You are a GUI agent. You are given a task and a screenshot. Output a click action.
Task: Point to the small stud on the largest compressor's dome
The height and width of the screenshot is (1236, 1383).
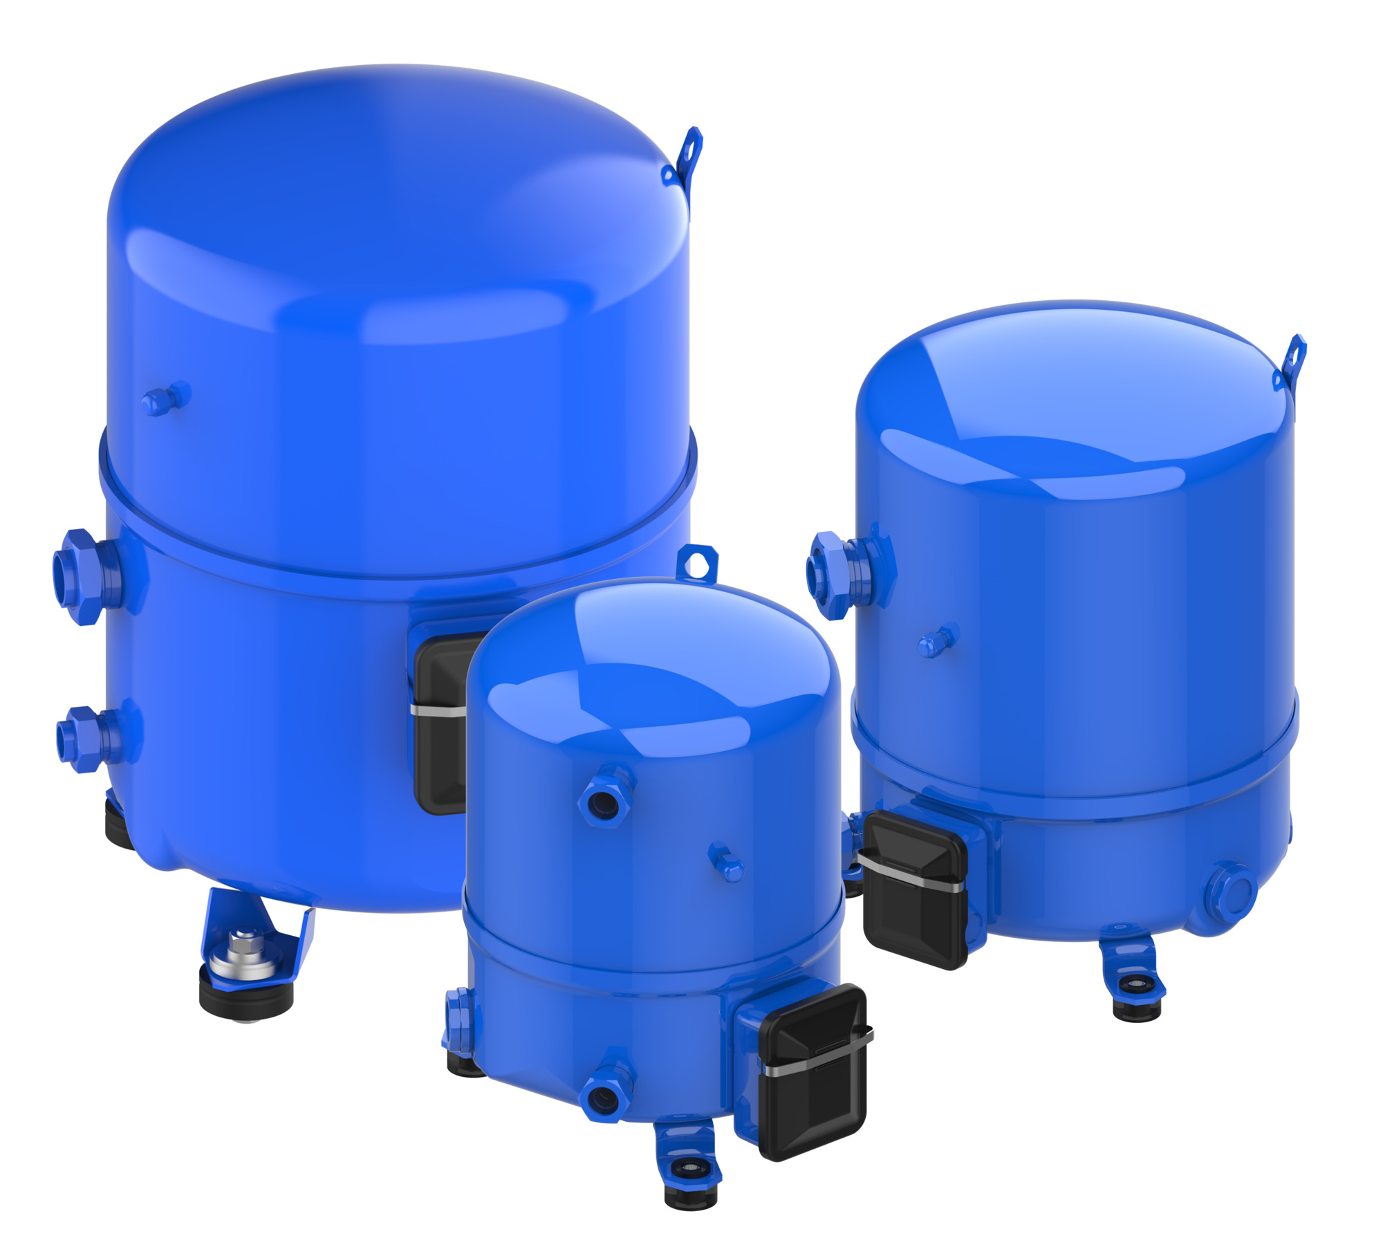pos(165,399)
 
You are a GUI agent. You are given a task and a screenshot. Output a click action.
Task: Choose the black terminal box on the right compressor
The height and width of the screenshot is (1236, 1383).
pos(914,889)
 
